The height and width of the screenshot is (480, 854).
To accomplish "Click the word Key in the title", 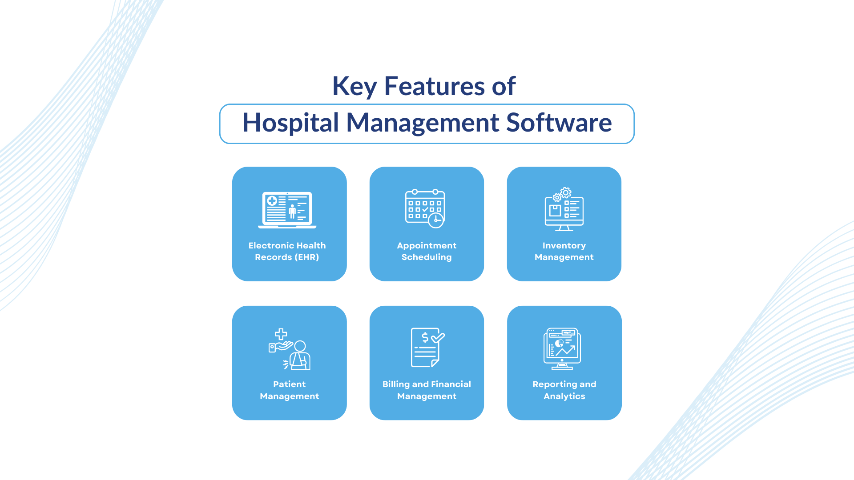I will [354, 86].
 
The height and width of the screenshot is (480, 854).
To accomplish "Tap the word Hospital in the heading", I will [290, 123].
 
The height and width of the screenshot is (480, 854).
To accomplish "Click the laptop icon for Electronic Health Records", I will [287, 210].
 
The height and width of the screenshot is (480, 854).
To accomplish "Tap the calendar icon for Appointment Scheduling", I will [425, 208].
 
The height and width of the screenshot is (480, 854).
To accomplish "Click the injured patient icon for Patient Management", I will [290, 349].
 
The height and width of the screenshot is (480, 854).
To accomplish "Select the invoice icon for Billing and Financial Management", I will [427, 348].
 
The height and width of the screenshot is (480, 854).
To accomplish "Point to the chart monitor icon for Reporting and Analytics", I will [562, 349].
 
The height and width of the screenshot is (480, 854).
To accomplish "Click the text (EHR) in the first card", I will [307, 257].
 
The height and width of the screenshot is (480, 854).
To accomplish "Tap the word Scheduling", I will [427, 257].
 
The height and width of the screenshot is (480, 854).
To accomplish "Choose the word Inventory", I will [564, 246].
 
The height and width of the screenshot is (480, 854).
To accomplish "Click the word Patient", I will [289, 384].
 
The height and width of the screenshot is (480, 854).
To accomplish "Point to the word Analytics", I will [564, 396].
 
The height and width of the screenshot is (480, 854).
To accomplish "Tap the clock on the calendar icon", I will [436, 220].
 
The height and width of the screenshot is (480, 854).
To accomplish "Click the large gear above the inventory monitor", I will [566, 192].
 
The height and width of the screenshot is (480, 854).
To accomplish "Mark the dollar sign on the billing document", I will [425, 337].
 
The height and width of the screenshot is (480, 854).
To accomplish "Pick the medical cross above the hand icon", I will [281, 334].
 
